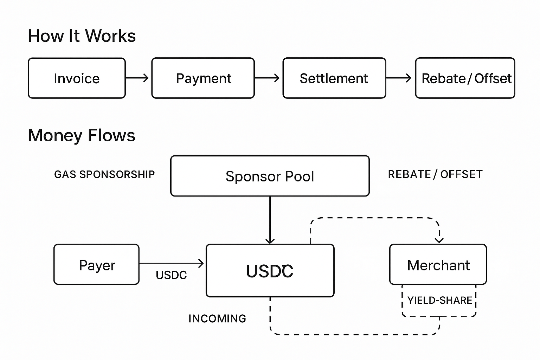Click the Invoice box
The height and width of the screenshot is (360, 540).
[77, 78]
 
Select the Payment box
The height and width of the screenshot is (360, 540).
[203, 78]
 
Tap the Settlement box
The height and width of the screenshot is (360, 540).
[334, 78]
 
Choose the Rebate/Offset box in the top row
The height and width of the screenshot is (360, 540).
[465, 78]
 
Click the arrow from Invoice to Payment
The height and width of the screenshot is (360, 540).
[137, 78]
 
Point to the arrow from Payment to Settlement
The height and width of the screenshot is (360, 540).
[267, 78]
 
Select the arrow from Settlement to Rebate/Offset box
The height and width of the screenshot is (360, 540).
[399, 78]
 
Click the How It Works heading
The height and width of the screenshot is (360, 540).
[82, 36]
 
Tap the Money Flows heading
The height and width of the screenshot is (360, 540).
[82, 135]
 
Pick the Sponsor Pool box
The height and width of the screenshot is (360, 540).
[270, 176]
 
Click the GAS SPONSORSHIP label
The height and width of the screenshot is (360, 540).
[104, 174]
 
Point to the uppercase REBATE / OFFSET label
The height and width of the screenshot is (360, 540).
[435, 174]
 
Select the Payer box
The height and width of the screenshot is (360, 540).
[97, 264]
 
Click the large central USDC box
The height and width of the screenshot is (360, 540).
[270, 271]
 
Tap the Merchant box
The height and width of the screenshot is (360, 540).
[438, 264]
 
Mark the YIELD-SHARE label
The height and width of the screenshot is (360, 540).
[439, 300]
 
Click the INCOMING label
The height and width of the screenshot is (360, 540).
[217, 319]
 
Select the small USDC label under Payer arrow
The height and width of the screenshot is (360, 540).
[171, 275]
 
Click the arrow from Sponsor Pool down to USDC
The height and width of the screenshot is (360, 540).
[270, 220]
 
